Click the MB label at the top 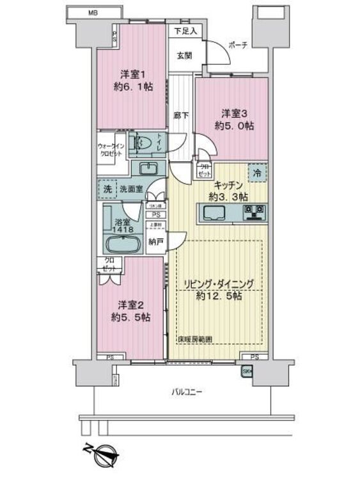point(92,12)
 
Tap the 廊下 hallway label point(181,116)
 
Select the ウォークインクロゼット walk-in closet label point(111,148)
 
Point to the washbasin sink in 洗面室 point(148,168)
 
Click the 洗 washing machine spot point(107,189)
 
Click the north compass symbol point(103,454)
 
